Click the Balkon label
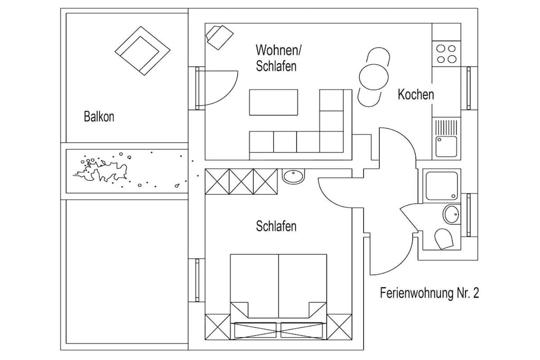coord(99,116)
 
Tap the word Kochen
coord(416,94)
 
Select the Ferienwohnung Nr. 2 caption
coord(429,293)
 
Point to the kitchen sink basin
coord(446,146)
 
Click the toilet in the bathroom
coord(443,238)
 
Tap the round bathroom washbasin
coord(451,214)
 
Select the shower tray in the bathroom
coord(442,186)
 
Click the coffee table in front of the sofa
coord(274,102)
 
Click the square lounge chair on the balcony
coord(142,51)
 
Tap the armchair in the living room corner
coord(219,36)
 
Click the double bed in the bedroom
coord(278,296)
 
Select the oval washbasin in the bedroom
coord(293,177)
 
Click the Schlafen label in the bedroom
coord(276,226)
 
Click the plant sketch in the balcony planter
coord(102,171)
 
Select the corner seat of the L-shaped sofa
coord(331,141)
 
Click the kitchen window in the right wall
coord(469,88)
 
